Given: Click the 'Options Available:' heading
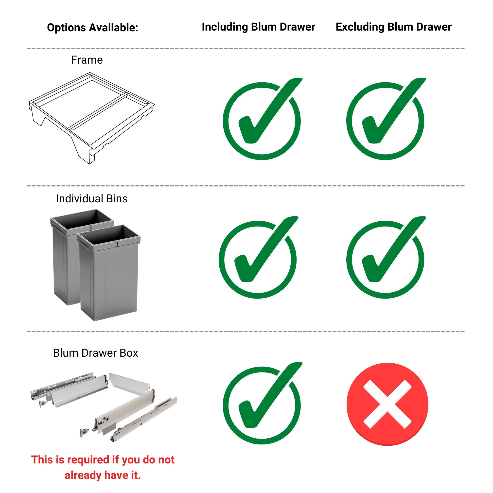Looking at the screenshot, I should pyautogui.click(x=92, y=28).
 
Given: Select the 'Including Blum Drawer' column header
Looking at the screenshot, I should pyautogui.click(x=258, y=27).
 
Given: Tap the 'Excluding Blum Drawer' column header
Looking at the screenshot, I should pyautogui.click(x=393, y=27).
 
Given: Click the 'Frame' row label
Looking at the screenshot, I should pyautogui.click(x=87, y=60).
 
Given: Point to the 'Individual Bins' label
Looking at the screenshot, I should pyautogui.click(x=92, y=198).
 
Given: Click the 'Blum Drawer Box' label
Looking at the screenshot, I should pyautogui.click(x=95, y=353).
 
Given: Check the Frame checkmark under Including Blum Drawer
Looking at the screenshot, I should pyautogui.click(x=262, y=120).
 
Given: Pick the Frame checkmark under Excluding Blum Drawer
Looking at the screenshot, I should pyautogui.click(x=385, y=120).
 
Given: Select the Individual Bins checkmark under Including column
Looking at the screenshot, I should pyautogui.click(x=258, y=259).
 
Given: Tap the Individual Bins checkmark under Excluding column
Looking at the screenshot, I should pyautogui.click(x=385, y=259).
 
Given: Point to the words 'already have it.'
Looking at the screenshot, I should pyautogui.click(x=103, y=475).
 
